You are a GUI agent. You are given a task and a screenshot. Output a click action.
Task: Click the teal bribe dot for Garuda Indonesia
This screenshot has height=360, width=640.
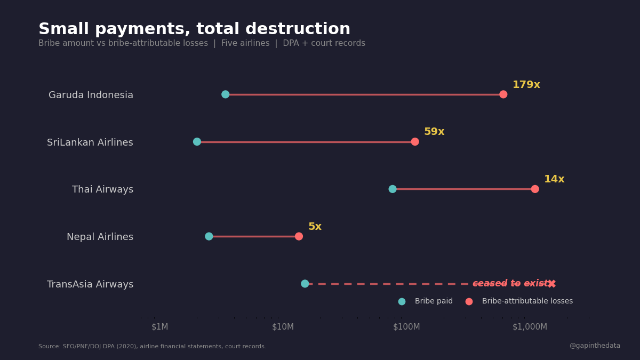(x=226, y=94)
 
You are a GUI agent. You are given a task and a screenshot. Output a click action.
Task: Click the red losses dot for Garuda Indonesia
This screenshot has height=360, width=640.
(x=503, y=94)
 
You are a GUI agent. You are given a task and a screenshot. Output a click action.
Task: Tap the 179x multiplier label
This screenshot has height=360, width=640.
(x=526, y=85)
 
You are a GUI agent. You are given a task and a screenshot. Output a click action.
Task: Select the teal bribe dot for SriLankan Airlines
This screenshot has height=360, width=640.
(x=197, y=142)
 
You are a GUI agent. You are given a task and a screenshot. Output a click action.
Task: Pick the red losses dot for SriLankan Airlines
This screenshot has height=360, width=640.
(x=415, y=142)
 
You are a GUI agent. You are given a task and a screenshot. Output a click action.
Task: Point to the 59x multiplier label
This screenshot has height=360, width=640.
(x=434, y=132)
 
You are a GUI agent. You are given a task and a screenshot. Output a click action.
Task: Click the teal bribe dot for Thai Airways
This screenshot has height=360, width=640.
(x=393, y=189)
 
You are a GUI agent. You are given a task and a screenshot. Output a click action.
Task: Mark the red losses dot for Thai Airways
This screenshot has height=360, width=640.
(x=535, y=189)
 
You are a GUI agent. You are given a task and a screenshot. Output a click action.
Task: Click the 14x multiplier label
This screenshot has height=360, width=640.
(x=554, y=179)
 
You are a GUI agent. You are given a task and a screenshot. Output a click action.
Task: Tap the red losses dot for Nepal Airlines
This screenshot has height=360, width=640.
(x=299, y=236)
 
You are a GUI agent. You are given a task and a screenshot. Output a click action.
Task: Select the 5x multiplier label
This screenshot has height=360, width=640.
(x=315, y=227)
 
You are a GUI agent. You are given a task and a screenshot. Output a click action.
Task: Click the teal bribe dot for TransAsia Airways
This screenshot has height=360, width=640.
(x=305, y=284)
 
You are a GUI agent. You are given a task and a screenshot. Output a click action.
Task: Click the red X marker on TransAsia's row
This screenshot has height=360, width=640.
(x=552, y=284)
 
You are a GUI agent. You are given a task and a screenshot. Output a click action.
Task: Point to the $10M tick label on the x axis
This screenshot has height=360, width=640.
(x=283, y=327)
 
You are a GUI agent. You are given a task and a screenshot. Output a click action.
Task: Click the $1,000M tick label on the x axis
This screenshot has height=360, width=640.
(x=530, y=327)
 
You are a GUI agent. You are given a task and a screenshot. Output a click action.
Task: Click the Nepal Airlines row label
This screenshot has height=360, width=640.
(x=100, y=237)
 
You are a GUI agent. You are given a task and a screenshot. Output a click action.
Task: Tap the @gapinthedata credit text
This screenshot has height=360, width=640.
(x=595, y=346)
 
